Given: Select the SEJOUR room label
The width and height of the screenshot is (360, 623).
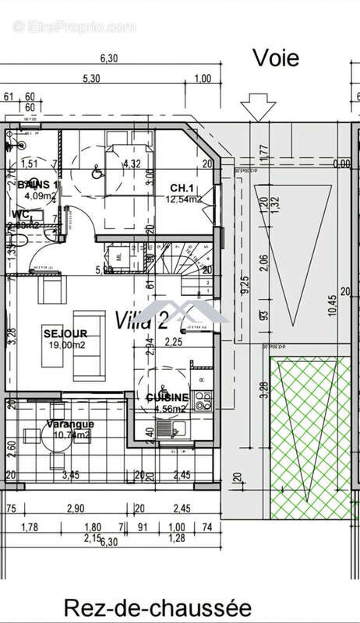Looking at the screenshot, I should coord(60,333).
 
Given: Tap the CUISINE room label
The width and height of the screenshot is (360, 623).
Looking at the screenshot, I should coord(166,397).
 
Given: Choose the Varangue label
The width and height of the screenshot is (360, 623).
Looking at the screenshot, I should coord(69,424).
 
